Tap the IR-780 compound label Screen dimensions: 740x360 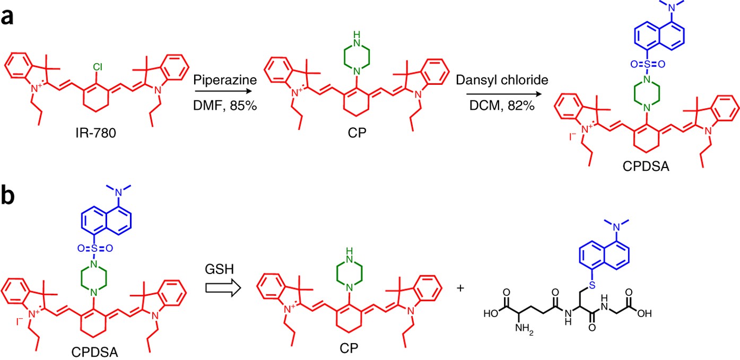(96, 133)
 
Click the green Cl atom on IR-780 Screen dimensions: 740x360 (98, 67)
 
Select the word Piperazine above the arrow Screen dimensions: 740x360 (225, 80)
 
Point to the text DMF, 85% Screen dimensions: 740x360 (225, 106)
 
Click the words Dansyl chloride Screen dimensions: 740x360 (502, 80)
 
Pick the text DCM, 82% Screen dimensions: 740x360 (502, 106)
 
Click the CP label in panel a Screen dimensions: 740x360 (357, 133)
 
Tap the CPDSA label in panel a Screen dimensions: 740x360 (646, 166)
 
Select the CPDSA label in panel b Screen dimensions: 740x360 (95, 352)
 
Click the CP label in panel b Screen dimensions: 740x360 (349, 348)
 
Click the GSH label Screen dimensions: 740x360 (220, 269)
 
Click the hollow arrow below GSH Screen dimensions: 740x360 (223, 288)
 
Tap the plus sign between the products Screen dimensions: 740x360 (460, 288)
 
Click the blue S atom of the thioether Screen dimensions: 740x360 (592, 285)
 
